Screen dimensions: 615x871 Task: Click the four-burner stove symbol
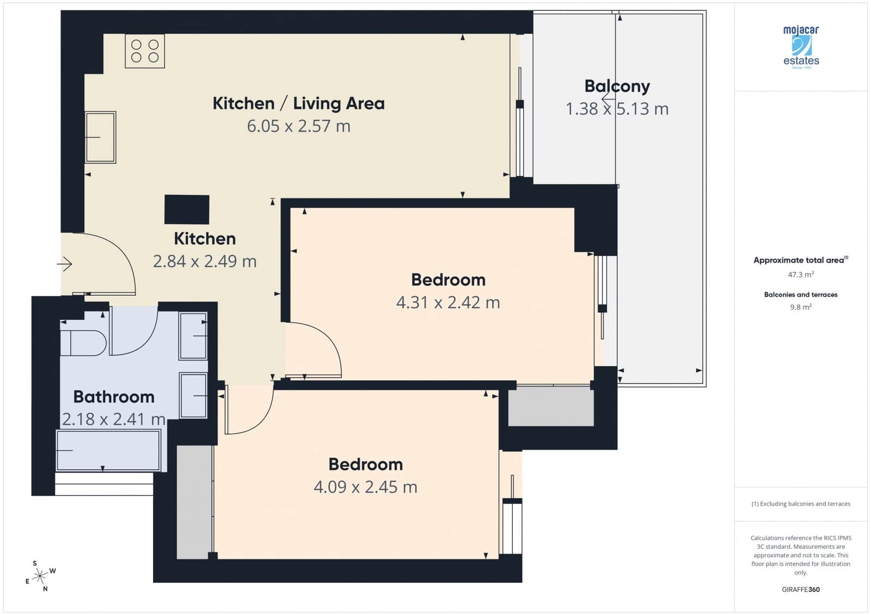point(145,51)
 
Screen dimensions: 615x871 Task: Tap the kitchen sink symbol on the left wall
point(100,137)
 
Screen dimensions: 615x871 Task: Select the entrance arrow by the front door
point(65,264)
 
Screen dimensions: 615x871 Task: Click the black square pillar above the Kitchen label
point(187,209)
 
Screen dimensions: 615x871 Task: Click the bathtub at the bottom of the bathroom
point(108,450)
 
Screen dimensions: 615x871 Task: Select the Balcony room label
point(617,86)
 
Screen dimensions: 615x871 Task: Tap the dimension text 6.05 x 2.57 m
point(298,126)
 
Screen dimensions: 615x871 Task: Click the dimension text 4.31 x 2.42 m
point(447,302)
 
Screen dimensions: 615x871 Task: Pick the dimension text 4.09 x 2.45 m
point(365,487)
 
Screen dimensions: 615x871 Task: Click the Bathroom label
point(114,397)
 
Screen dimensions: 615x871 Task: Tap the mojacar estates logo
point(801,47)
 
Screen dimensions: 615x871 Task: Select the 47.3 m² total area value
point(801,275)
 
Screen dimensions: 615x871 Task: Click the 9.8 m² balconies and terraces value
point(801,307)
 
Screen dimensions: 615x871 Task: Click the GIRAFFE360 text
point(801,589)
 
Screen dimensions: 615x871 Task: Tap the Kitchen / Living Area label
point(298,103)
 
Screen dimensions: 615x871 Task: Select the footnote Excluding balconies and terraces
point(801,504)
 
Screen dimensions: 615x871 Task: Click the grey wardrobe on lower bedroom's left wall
point(194,501)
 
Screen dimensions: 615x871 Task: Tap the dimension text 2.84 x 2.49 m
point(205,262)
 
